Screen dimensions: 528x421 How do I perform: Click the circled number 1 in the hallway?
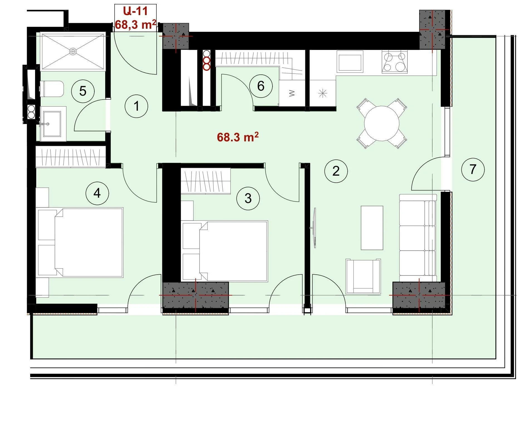136,106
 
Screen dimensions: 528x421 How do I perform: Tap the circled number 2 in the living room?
336,171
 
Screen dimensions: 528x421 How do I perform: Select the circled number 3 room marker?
248,198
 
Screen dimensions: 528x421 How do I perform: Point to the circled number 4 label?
97,193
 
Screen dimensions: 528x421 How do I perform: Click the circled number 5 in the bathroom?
83,91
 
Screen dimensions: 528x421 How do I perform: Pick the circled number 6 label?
261,86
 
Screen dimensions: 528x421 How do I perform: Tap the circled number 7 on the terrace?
473,169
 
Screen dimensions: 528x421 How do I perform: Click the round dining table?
382,123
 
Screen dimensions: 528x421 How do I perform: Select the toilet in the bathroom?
52,89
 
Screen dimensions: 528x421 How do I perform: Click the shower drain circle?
73,51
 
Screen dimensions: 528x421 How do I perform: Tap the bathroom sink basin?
52,124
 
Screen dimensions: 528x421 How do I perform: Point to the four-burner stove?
394,62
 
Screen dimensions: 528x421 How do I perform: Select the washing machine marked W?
292,93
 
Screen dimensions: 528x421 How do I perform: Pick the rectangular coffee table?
372,228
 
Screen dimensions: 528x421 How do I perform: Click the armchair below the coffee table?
363,276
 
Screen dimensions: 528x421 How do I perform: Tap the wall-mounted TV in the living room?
314,228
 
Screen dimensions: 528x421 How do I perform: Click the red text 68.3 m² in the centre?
238,137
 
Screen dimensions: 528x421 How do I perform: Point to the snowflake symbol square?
323,93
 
